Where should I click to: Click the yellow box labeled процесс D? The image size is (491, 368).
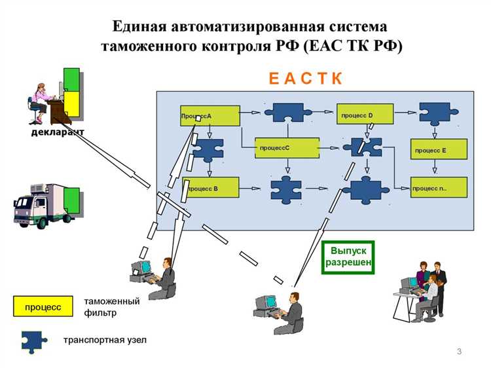coord(364,115)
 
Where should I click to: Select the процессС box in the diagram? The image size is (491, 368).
coord(287,148)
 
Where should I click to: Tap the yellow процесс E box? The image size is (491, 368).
coord(439,149)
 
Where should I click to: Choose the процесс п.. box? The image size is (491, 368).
coord(439,188)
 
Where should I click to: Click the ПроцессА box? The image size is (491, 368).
coord(209,115)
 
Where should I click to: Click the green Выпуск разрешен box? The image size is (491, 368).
coord(348,257)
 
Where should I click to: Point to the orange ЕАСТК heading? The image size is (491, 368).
coord(306,79)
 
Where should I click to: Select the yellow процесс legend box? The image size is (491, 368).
coord(43,306)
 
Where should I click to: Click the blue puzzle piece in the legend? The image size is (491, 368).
coord(34,340)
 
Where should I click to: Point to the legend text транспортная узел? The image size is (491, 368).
coord(105,340)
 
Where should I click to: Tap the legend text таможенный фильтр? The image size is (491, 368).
coord(112,307)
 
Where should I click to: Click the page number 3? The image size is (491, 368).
coord(459,353)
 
